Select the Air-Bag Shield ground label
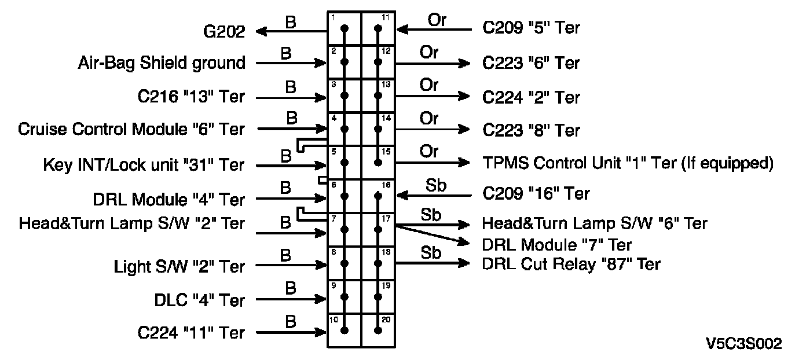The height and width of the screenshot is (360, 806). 161,63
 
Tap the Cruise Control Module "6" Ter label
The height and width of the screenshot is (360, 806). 131,129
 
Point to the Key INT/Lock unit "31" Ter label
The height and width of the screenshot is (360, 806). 144,165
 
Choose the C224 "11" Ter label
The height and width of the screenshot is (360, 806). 191,333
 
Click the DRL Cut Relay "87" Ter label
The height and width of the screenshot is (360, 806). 571,264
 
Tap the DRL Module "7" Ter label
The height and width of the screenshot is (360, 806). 556,245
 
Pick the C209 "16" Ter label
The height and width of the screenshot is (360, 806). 536,194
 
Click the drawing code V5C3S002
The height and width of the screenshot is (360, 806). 745,344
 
